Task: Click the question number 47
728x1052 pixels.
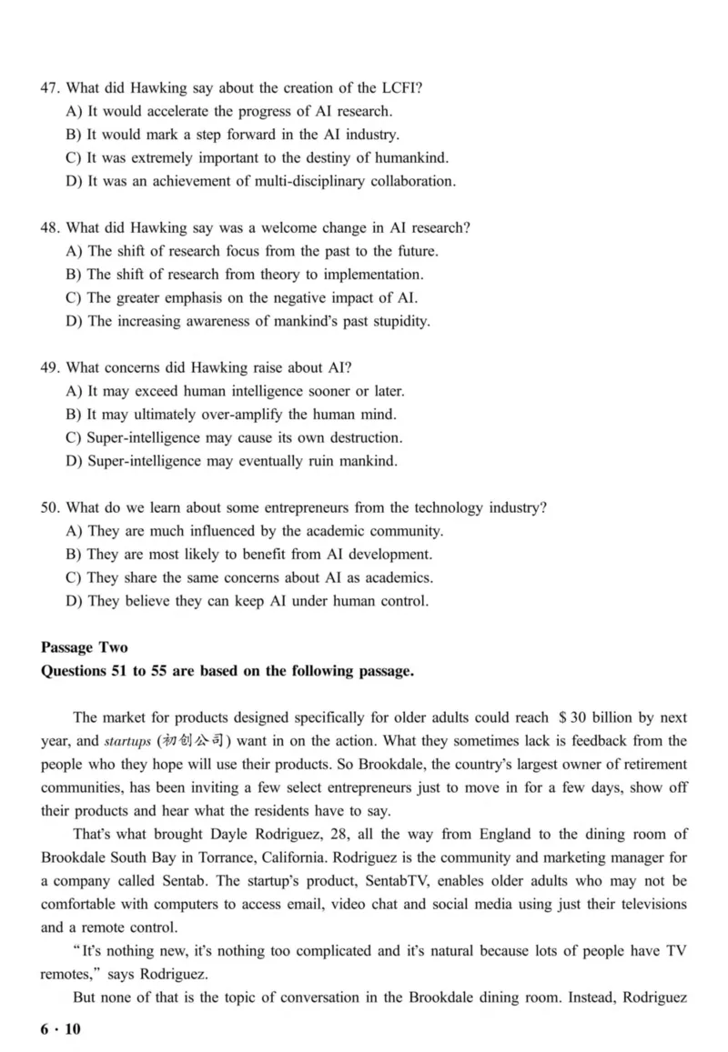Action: [x=50, y=88]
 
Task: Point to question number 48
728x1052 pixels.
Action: [x=50, y=228]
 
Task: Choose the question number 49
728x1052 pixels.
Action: [x=50, y=368]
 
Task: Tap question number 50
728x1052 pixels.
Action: [x=50, y=507]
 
